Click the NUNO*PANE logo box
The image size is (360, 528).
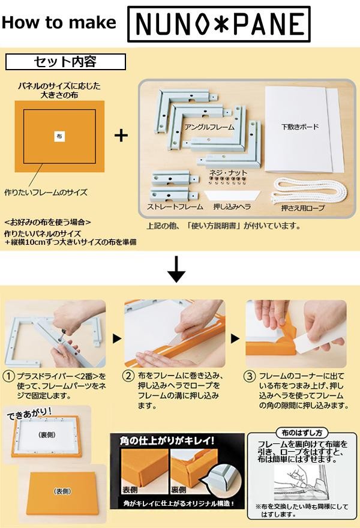click(219, 24)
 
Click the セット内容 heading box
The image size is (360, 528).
click(65, 62)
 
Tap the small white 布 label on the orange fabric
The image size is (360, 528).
click(59, 136)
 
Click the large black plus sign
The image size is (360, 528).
click(121, 136)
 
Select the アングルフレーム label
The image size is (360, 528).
click(209, 127)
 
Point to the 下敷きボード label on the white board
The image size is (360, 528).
click(300, 127)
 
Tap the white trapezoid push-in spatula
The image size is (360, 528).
click(232, 196)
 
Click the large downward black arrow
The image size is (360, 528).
click(176, 269)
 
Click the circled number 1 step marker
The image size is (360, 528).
click(9, 376)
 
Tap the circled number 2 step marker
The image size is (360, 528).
click(128, 376)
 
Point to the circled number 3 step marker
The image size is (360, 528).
click(249, 376)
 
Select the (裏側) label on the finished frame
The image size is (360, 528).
click(47, 435)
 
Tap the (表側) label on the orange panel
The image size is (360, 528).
click(62, 491)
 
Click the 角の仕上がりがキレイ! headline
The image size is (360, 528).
click(167, 440)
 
